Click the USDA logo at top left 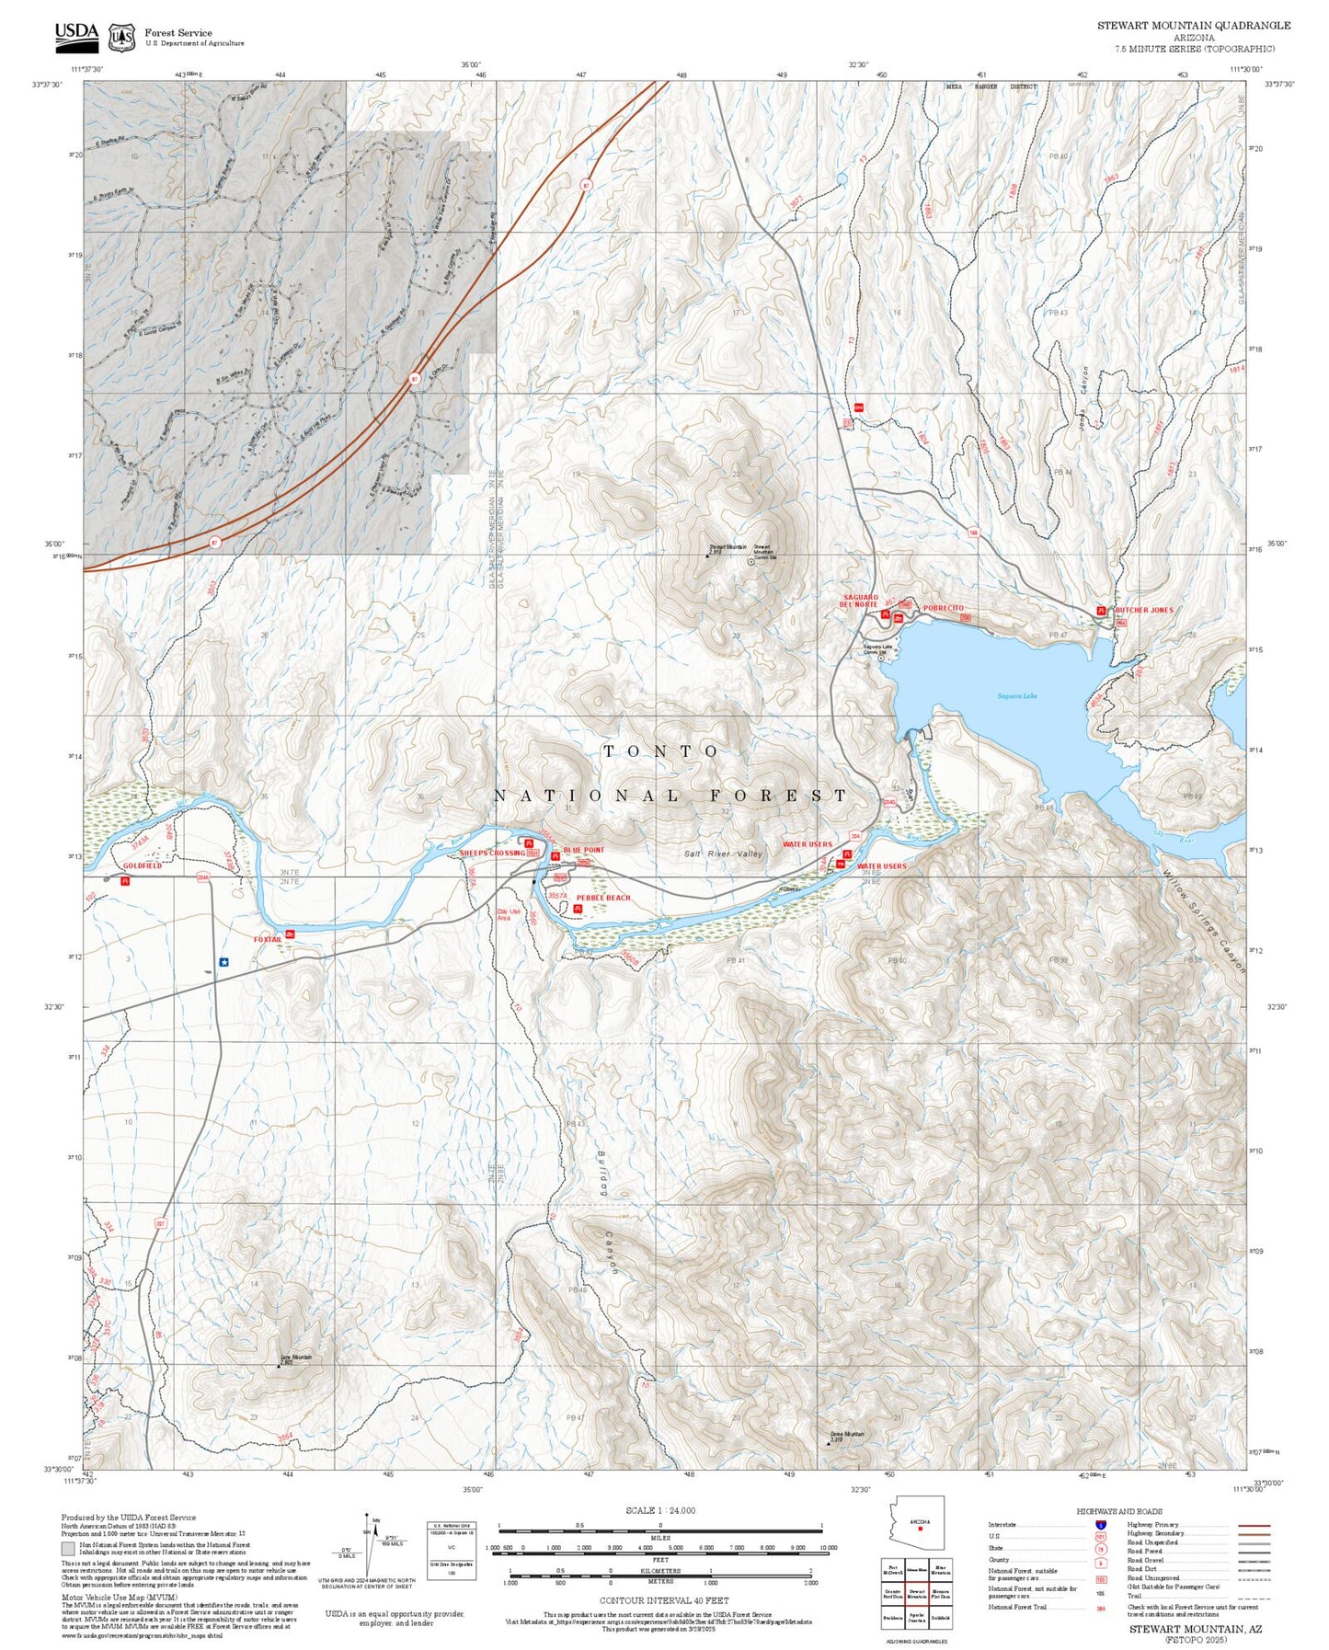[76, 35]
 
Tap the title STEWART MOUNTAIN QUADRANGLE [1193, 25]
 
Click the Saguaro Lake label [1017, 696]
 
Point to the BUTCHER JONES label [1144, 610]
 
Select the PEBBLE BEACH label [603, 898]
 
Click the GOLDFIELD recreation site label [143, 866]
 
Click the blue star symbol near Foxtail [223, 962]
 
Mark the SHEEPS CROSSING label [492, 854]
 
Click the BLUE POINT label [584, 850]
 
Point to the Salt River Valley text [723, 854]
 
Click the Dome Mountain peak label [847, 1434]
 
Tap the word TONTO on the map [660, 751]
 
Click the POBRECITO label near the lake [944, 609]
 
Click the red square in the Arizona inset [920, 1530]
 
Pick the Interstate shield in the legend [1100, 1525]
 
